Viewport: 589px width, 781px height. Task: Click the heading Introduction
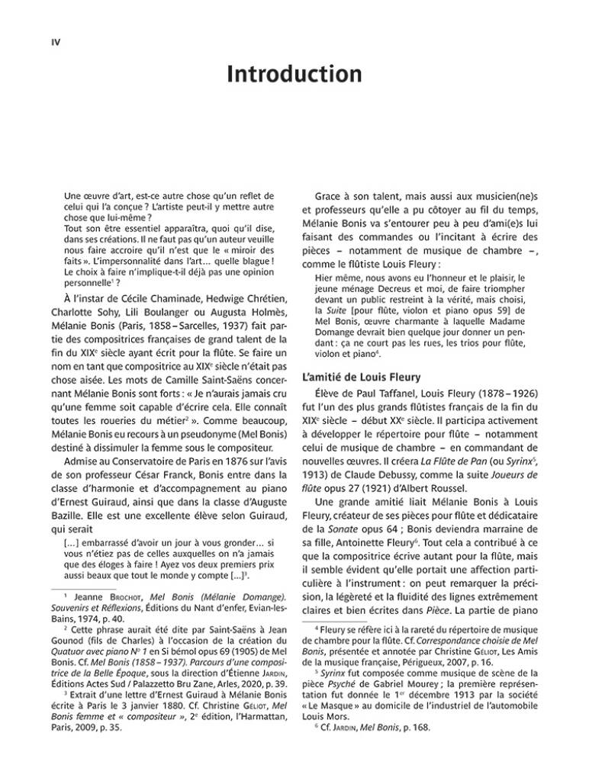[294, 75]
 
